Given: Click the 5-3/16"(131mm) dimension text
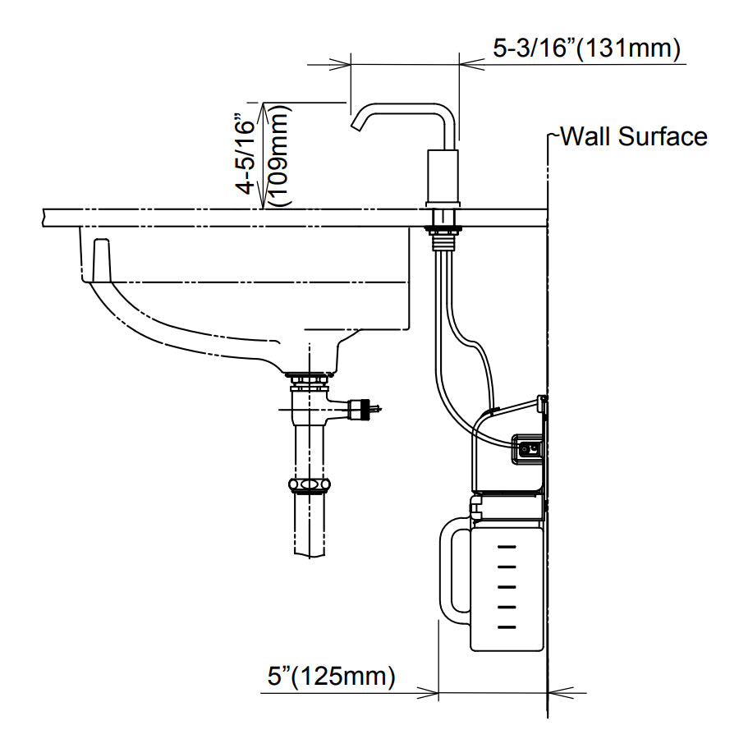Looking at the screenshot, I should click(586, 49).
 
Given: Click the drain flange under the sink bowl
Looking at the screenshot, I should click(308, 378).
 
